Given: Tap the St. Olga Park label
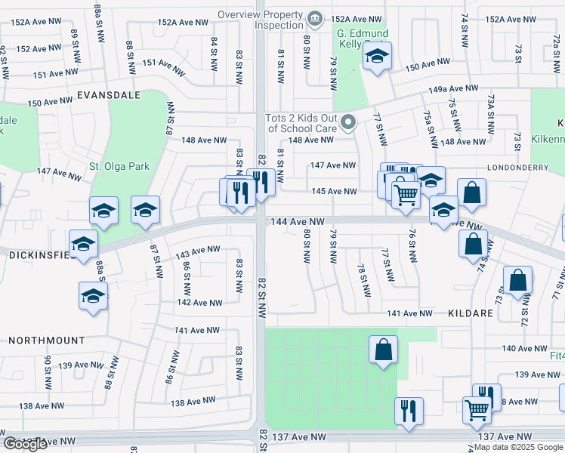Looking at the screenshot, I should coord(120,166).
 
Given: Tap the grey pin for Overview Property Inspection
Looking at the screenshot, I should coord(315,17).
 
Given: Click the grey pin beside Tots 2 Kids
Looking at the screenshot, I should coord(347,121).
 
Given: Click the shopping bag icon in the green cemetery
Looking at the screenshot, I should coord(383,349).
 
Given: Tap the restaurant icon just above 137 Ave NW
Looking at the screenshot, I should coord(409,411).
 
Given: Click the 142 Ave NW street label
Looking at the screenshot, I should coord(199,303).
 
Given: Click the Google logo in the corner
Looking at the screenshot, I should coord(26,444).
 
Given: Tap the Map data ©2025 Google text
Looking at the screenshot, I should coord(518,447).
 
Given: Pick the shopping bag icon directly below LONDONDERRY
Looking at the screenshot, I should coord(472,193).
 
